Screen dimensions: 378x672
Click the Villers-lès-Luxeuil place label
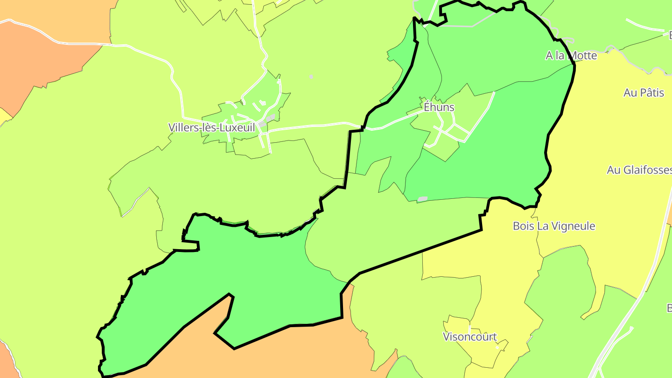212,127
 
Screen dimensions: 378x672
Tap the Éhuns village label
439,107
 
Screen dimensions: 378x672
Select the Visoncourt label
469,336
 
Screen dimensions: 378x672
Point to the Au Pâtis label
644,92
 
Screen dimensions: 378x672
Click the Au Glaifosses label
639,170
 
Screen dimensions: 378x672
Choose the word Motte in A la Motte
581,56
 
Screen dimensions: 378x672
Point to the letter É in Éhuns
427,107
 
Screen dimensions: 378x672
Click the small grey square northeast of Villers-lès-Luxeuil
311,77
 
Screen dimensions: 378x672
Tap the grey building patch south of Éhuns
422,199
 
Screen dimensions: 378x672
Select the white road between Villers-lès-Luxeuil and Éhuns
317,125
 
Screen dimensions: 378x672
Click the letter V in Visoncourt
446,336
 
